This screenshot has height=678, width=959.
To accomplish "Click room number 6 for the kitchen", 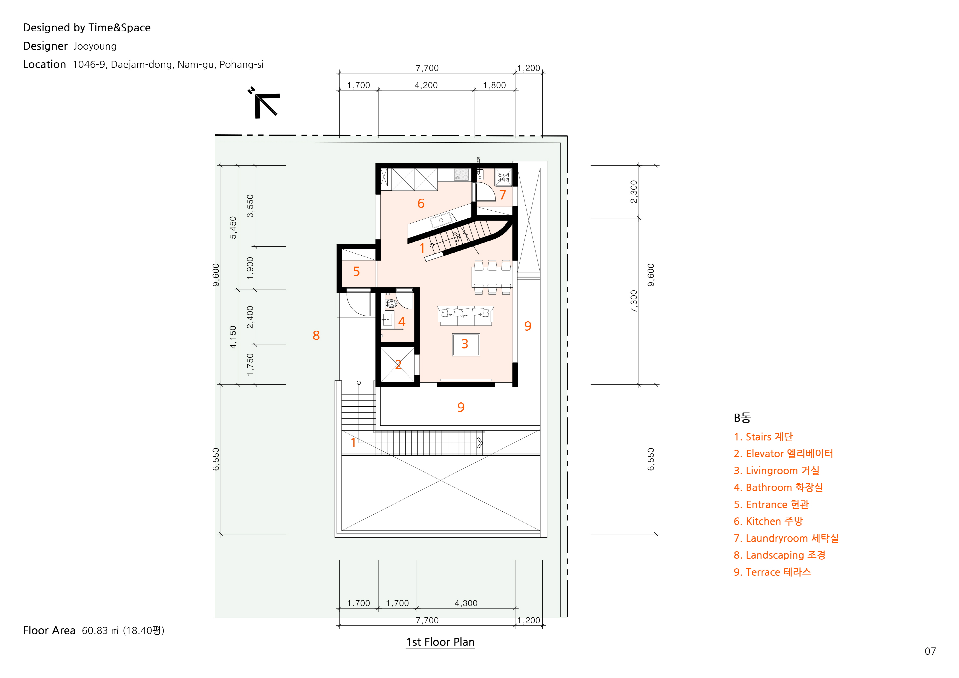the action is (x=421, y=203).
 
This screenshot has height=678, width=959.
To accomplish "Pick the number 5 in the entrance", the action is (x=356, y=272).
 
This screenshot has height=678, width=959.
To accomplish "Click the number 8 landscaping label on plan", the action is (x=316, y=335).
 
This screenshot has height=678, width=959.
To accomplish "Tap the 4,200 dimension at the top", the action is (x=426, y=85).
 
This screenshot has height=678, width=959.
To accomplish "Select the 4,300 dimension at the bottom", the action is (x=466, y=603).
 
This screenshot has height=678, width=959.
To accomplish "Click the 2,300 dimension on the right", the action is (x=634, y=192).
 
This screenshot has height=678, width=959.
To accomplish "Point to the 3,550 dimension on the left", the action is (x=250, y=206).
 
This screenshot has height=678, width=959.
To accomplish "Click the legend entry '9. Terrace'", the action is (x=772, y=572).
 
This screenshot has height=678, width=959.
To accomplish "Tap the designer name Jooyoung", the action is (x=95, y=46).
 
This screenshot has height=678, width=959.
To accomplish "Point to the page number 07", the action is (x=930, y=651).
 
